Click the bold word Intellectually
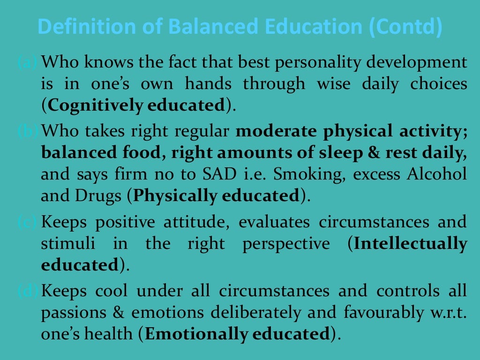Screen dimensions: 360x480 [411, 244]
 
